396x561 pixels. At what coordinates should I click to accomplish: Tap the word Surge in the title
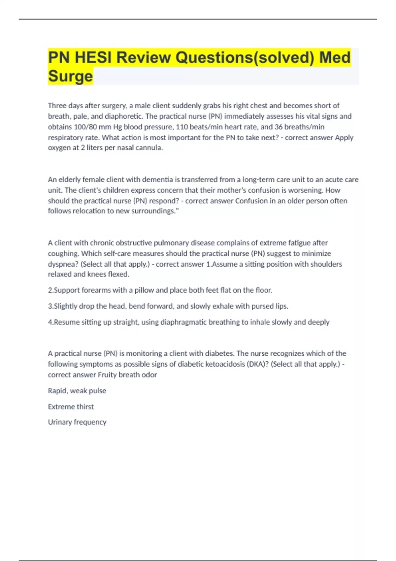[70, 76]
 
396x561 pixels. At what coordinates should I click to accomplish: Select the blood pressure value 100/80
[84, 127]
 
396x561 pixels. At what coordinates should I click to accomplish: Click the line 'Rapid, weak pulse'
[77, 391]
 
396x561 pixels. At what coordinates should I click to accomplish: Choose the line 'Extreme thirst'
[71, 407]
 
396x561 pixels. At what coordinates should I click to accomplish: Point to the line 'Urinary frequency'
[77, 422]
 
